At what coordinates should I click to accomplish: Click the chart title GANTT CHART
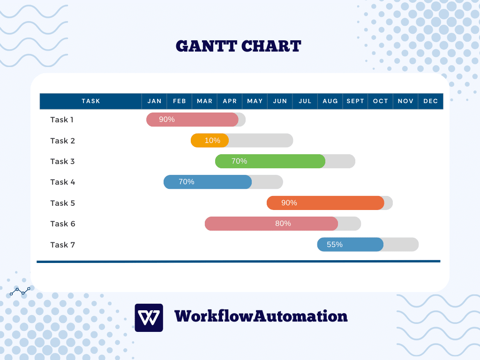[238, 46]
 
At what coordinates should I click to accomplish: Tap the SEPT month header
[355, 101]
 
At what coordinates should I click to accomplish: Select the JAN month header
[154, 101]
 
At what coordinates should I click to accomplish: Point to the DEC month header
[430, 101]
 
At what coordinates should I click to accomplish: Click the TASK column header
[91, 101]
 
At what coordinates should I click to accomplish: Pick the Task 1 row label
[62, 120]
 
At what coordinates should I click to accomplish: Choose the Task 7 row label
[62, 245]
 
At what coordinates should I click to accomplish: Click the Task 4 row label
[62, 182]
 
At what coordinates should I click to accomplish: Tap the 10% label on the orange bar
[212, 141]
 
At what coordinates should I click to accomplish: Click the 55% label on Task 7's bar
[335, 245]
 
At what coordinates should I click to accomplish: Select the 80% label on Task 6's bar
[283, 224]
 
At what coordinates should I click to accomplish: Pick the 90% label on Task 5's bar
[289, 203]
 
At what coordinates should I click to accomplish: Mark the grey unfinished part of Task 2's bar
[261, 141]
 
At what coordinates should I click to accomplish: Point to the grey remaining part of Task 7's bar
[401, 245]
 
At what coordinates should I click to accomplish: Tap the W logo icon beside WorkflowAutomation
[149, 318]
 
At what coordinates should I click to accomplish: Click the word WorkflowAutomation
[261, 316]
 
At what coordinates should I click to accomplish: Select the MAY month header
[255, 101]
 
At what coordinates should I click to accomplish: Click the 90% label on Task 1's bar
[167, 120]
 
